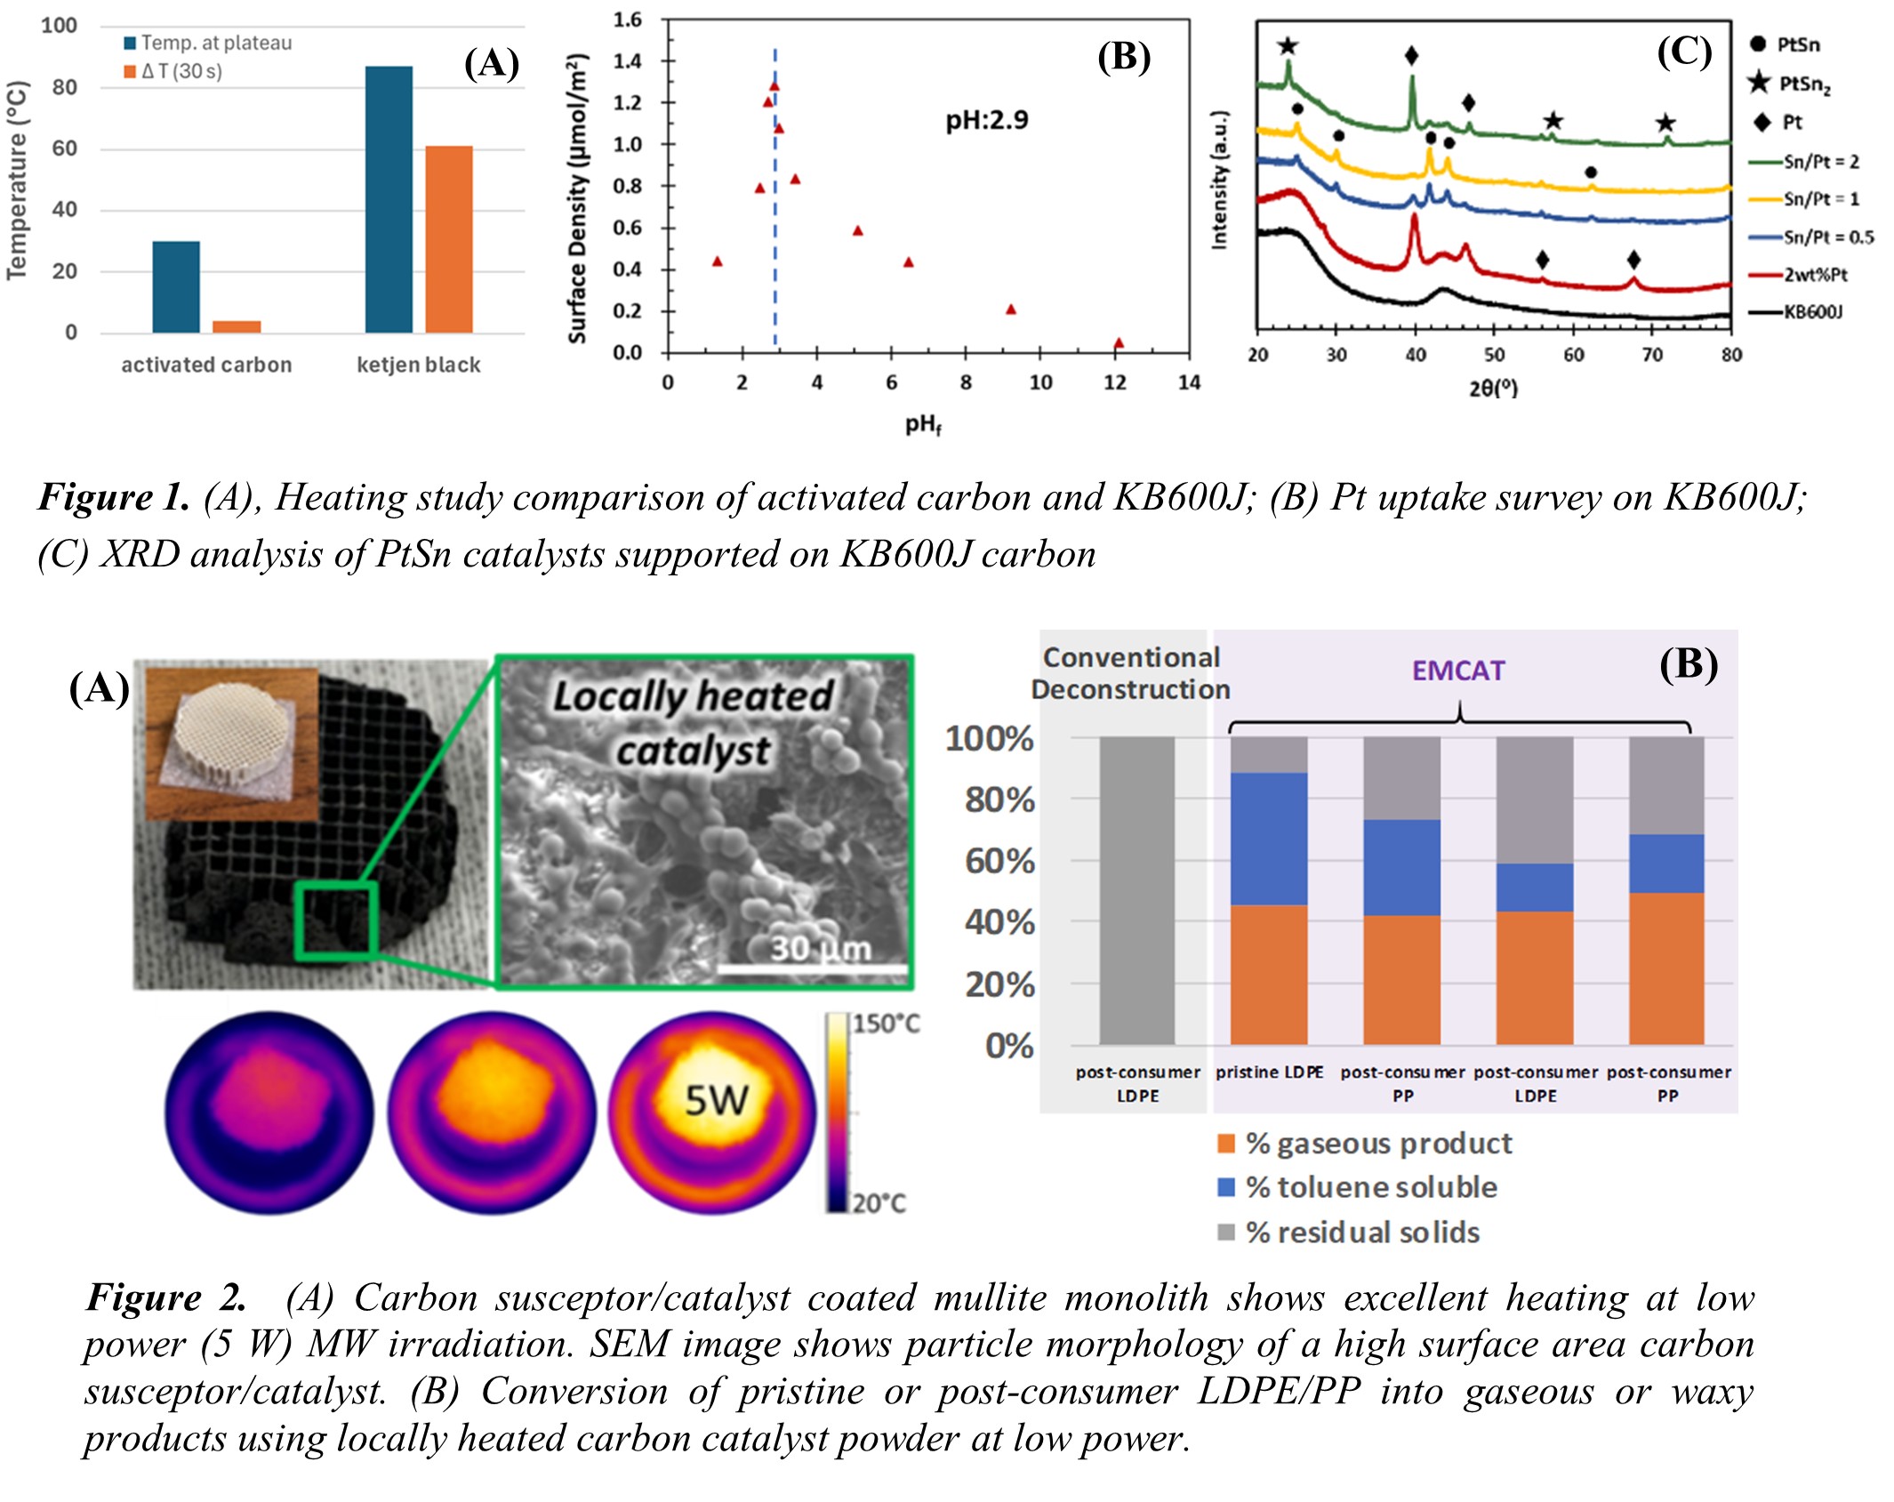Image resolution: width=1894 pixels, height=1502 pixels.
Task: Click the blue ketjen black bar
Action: point(389,199)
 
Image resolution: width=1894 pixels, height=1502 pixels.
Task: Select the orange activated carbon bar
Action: point(237,326)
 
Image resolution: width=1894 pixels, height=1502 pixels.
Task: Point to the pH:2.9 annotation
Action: point(986,120)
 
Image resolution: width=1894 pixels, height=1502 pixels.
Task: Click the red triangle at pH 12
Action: point(1119,343)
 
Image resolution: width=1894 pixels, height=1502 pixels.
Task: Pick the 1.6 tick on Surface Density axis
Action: point(628,20)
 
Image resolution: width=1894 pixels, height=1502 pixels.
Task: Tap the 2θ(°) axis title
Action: point(1493,388)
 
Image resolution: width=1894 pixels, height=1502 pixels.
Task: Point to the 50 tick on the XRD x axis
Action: point(1495,355)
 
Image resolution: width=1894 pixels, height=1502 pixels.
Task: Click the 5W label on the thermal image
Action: point(716,1101)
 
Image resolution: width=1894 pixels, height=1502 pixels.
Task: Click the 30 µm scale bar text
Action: point(820,949)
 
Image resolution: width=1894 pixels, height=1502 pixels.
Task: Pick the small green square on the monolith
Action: point(336,921)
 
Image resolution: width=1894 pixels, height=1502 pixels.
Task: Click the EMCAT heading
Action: point(1458,671)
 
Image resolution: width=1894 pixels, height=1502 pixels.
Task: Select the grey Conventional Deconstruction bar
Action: point(1136,890)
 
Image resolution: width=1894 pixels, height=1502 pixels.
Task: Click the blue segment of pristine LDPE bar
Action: point(1269,839)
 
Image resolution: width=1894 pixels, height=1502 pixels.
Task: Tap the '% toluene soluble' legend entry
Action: point(1370,1187)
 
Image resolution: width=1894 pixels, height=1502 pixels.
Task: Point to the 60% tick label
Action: point(1000,861)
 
